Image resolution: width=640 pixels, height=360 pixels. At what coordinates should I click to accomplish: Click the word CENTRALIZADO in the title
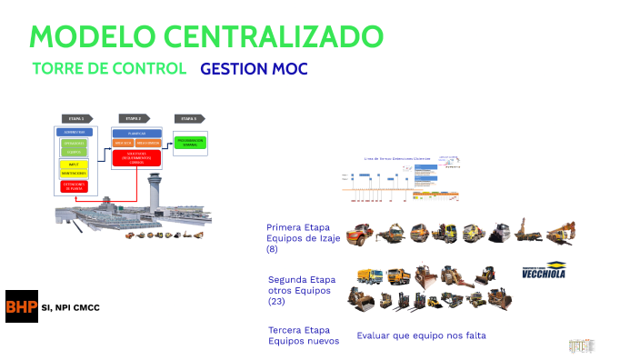(272, 36)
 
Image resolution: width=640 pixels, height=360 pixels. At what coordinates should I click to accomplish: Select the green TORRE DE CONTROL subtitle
(109, 69)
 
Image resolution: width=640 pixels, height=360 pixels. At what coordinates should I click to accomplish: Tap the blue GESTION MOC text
(254, 69)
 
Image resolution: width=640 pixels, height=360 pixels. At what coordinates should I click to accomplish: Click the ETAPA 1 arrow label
(76, 118)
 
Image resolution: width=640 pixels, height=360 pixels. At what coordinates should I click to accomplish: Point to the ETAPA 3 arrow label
(188, 118)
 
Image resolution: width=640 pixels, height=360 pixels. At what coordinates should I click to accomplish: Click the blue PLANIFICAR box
(135, 133)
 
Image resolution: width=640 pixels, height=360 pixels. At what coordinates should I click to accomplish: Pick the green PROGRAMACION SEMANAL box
(190, 143)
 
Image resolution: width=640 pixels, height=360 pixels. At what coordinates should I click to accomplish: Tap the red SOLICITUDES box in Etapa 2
(135, 157)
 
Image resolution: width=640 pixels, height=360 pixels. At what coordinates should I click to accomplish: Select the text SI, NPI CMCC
(71, 307)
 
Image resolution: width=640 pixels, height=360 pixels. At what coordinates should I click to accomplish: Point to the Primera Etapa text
(297, 227)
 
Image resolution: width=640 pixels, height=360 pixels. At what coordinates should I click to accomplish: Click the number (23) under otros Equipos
(278, 301)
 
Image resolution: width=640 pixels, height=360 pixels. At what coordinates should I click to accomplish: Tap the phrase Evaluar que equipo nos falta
(421, 335)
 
